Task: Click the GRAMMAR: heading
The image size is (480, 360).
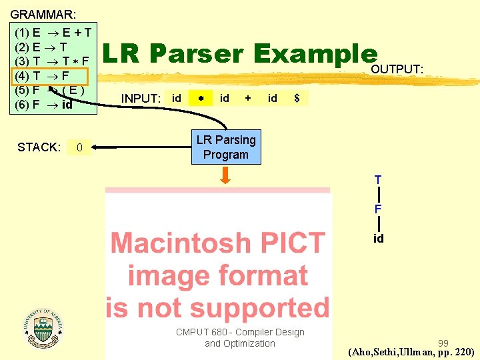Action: tap(43, 13)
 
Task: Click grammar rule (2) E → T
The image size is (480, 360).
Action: tap(41, 47)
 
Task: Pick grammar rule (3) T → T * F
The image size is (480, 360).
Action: tap(52, 61)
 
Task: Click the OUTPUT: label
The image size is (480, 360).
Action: tap(397, 69)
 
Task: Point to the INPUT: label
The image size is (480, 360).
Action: tap(141, 99)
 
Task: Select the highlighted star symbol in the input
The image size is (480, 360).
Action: tap(200, 99)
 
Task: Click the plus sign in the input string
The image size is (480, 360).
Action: tap(248, 98)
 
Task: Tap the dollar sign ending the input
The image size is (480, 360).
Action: tap(297, 98)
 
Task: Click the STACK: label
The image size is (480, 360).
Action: tap(39, 147)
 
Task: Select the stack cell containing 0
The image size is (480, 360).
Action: tap(79, 147)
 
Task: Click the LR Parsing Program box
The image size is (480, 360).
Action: tap(225, 147)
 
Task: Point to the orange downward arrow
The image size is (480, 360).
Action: tap(226, 175)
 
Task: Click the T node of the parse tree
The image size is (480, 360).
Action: tap(378, 180)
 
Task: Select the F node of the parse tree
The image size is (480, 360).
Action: tap(378, 209)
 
